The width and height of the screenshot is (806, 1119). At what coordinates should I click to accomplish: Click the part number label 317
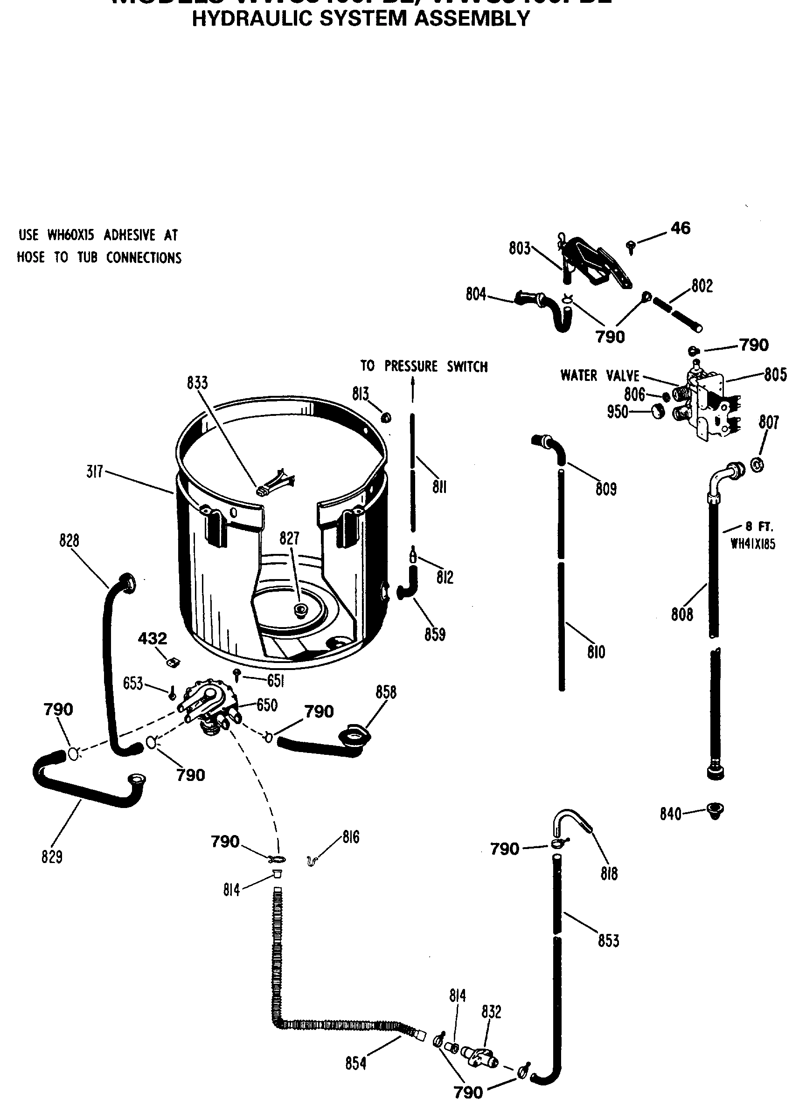[x=94, y=472]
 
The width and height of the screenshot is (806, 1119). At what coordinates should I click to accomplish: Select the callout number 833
[x=197, y=383]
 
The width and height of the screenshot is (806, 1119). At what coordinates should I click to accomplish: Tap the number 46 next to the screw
[x=680, y=228]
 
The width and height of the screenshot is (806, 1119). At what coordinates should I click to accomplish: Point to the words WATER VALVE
[x=600, y=375]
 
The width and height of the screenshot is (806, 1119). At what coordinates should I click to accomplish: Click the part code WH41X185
[x=753, y=544]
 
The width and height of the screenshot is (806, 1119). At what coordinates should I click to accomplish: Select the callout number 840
[x=670, y=814]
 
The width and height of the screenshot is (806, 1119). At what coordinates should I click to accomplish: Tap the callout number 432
[x=153, y=638]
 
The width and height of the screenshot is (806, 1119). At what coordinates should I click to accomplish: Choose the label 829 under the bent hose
[x=52, y=857]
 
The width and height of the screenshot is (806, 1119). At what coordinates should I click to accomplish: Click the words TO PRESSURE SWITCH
[x=424, y=366]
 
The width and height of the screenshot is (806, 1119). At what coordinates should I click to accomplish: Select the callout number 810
[x=596, y=652]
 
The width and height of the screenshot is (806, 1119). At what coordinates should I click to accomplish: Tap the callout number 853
[x=608, y=940]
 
